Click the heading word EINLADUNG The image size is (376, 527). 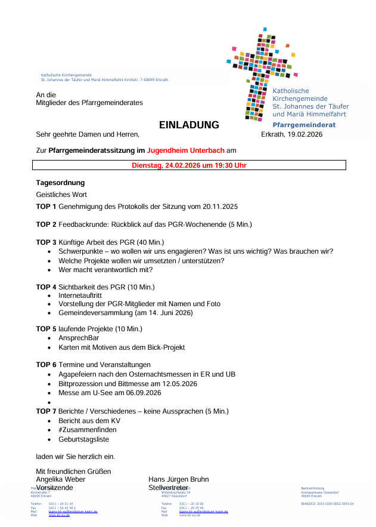(189, 125)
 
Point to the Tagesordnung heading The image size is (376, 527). (60, 183)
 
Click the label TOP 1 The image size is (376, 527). (46, 207)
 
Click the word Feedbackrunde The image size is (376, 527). (81, 224)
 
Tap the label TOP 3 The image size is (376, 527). (46, 242)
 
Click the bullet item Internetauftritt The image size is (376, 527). (81, 295)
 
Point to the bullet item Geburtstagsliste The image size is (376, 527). (83, 439)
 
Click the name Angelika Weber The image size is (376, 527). (61, 479)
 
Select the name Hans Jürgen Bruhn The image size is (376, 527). (179, 479)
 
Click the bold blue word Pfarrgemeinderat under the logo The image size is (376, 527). (304, 125)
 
